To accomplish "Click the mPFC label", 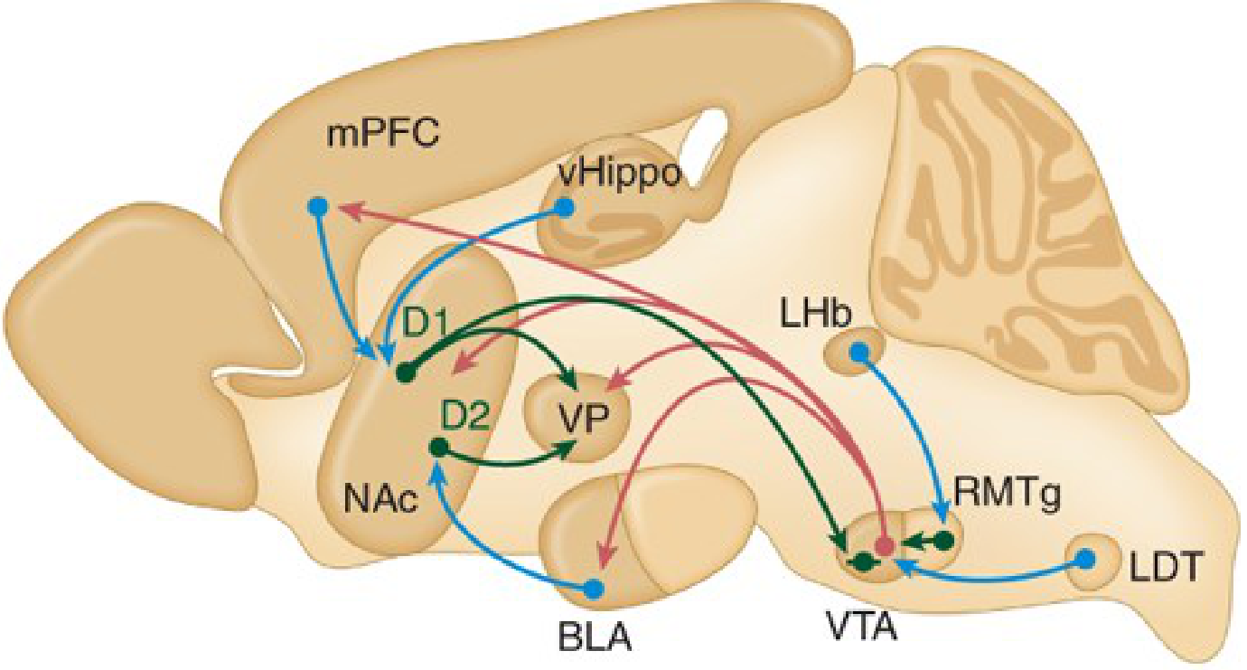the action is pos(382,133).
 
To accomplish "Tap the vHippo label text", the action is pos(620,175).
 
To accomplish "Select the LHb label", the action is pos(816,315).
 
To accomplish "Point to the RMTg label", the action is pos(1007,495).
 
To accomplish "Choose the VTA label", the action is pos(862,626).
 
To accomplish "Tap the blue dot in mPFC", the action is pos(317,207).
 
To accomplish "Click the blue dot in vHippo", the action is pos(565,208).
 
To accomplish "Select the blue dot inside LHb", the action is pos(860,352).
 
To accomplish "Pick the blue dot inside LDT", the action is pos(1085,558).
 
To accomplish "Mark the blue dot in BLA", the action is pos(594,588).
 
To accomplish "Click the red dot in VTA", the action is pos(884,547).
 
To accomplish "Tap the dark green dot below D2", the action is pos(439,447).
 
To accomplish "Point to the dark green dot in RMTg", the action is pos(943,540).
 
